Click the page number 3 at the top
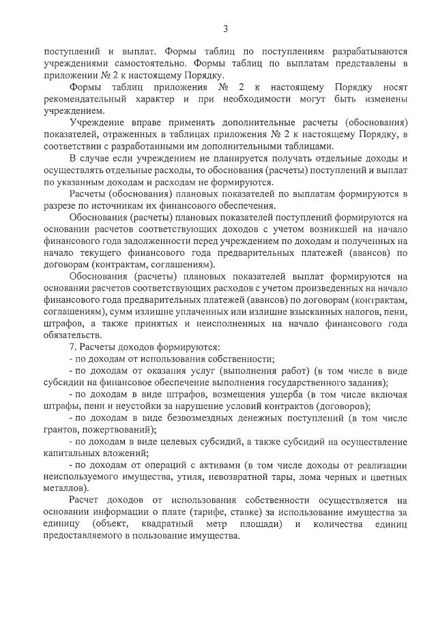[x=225, y=28]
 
